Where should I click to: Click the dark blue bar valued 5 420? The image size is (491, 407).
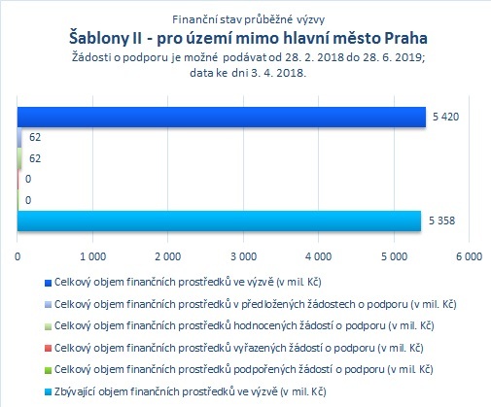point(222,117)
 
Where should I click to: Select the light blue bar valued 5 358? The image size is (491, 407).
point(219,220)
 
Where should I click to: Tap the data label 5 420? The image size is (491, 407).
point(446,117)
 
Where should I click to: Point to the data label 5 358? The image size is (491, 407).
point(442,220)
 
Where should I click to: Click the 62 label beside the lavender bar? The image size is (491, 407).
point(35,137)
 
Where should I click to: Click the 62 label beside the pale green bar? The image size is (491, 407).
point(35,158)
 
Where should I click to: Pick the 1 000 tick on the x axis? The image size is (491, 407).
point(93,256)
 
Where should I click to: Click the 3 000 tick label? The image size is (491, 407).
point(244,256)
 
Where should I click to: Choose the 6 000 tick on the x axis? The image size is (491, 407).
point(470,256)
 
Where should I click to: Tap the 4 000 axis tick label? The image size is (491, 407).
point(319,256)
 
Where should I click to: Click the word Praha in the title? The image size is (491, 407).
point(405,38)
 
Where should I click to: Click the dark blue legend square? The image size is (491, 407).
point(48,283)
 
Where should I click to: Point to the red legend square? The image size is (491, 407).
point(48,349)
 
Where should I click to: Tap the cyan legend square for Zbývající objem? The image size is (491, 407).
point(48,392)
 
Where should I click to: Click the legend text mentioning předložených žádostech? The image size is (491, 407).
point(256,304)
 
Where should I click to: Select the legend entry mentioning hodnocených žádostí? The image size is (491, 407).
point(244,325)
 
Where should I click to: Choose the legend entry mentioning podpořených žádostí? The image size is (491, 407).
point(244,369)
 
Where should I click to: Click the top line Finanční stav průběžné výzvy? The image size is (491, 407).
point(248,19)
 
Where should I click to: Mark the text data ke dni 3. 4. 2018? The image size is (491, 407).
point(248,73)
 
